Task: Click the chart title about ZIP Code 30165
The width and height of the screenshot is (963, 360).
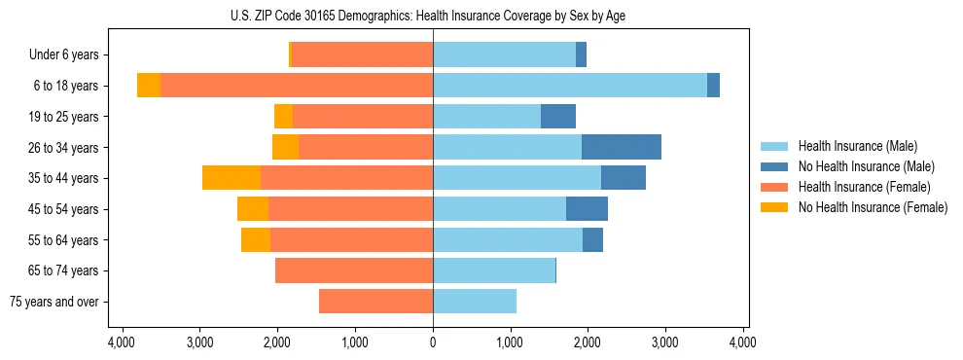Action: (x=433, y=16)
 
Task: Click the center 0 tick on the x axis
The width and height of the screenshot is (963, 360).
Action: (x=433, y=343)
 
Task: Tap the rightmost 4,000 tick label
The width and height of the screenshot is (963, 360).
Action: (x=743, y=343)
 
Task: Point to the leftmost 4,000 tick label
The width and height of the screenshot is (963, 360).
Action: (x=122, y=343)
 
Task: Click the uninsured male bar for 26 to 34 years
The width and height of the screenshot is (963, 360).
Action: (x=622, y=147)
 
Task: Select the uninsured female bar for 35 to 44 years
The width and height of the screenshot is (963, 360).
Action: (x=232, y=178)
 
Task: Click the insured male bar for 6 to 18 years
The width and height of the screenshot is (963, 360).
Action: (x=570, y=86)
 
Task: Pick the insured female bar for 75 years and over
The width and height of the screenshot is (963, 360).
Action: (x=375, y=302)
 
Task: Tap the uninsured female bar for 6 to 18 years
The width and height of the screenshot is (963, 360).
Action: (x=149, y=86)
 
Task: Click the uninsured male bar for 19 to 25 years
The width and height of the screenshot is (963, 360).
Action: (x=558, y=117)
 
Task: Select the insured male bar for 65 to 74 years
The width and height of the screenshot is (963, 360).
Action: (x=494, y=270)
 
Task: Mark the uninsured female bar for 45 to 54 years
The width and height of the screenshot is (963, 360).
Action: (x=253, y=209)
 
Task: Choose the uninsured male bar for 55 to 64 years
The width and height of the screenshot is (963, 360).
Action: (x=592, y=239)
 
